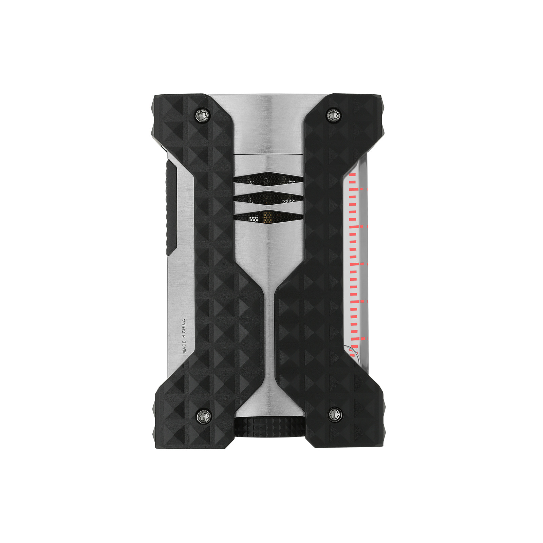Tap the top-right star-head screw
click(x=333, y=115)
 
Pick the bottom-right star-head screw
click(x=334, y=414)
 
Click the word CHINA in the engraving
click(x=184, y=326)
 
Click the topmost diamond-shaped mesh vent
click(x=268, y=179)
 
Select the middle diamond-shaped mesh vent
click(x=268, y=198)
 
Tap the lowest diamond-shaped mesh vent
click(x=268, y=217)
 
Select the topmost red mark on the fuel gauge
click(x=352, y=175)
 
